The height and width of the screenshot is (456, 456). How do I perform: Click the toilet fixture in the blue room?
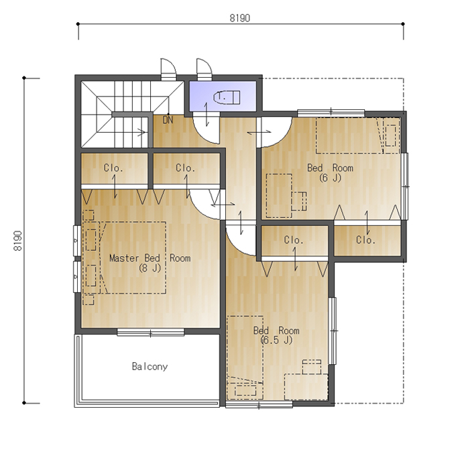pyautogui.click(x=227, y=97)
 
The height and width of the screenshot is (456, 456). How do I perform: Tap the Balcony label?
pyautogui.click(x=150, y=366)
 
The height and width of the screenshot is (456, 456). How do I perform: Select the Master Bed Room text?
pyautogui.click(x=150, y=258)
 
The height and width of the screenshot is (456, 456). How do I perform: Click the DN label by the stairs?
pyautogui.click(x=168, y=120)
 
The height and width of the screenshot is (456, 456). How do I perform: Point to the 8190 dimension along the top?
pyautogui.click(x=240, y=18)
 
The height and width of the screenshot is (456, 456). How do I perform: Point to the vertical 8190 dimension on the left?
pyautogui.click(x=17, y=241)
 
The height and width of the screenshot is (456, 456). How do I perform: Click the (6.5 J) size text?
pyautogui.click(x=276, y=340)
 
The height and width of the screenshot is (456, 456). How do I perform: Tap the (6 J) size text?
pyautogui.click(x=330, y=178)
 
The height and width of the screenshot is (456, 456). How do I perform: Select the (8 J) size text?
pyautogui.click(x=150, y=268)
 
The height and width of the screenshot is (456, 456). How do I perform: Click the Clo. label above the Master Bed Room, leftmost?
pyautogui.click(x=113, y=168)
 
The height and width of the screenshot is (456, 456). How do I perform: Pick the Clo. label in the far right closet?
pyautogui.click(x=366, y=240)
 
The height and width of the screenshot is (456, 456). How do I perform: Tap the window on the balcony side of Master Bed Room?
pyautogui.click(x=151, y=332)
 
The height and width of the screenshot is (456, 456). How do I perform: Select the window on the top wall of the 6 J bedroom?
pyautogui.click(x=331, y=113)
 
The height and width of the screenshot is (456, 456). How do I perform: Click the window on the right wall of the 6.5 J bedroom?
pyautogui.click(x=333, y=331)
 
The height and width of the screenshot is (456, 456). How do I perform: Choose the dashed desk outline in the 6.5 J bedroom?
pyautogui.click(x=306, y=387)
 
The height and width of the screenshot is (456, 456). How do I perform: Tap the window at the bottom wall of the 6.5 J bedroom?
pyautogui.click(x=259, y=404)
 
